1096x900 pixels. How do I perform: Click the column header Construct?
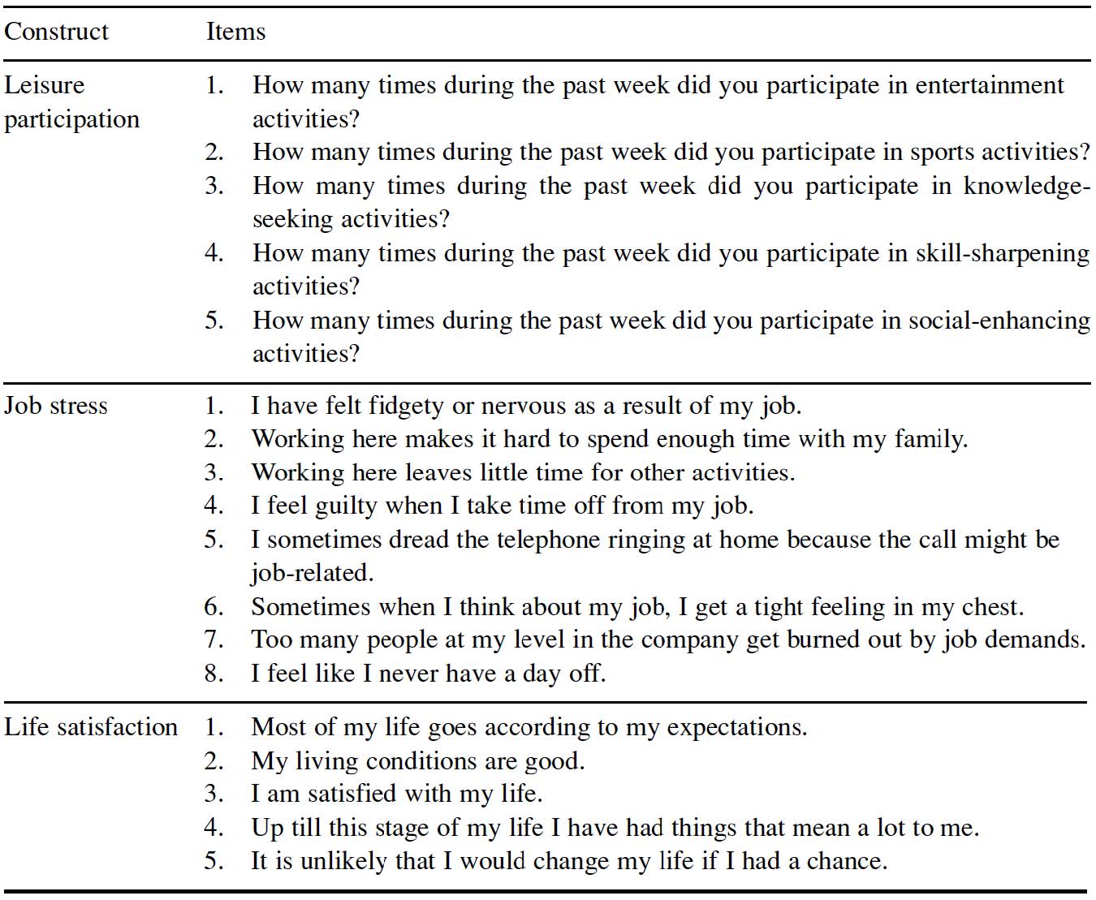56,32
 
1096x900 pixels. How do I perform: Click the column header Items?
235,32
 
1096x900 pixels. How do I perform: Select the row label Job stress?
56,405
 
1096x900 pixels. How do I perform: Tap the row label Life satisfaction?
91,726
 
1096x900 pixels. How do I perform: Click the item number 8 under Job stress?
214,674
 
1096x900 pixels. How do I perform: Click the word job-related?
312,573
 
